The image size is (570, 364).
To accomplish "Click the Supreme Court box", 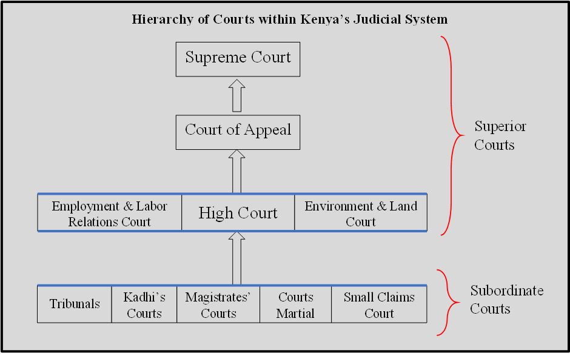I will point(238,59).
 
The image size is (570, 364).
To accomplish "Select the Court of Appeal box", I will point(238,132).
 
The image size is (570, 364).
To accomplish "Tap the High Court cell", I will point(238,213).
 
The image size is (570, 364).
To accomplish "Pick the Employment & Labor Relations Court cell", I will point(109,213).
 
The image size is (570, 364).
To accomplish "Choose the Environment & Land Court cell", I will point(361,213).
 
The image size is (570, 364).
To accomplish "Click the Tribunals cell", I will point(75,304).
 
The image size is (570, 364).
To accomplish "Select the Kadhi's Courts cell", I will point(144,305).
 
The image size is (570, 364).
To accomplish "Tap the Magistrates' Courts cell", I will point(218,305).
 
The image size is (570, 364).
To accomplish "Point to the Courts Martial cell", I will point(295,305).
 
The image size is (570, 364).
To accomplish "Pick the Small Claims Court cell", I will point(379,305).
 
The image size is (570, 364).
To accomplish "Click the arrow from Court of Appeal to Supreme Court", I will point(237,95).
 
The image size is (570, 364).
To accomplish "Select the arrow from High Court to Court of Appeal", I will point(237,172).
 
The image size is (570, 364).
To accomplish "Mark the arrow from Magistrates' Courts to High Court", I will point(237,258).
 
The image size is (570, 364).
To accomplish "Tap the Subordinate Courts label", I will point(506,299).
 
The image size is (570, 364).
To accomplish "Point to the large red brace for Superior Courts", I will point(451,135).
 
